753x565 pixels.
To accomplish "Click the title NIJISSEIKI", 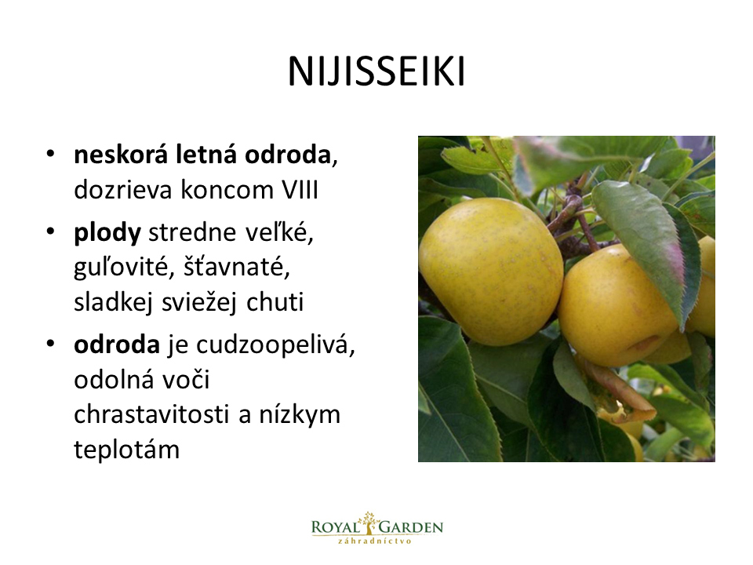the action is point(376,72).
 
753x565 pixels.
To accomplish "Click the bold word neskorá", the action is point(121,155).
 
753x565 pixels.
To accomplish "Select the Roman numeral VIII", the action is point(300,190).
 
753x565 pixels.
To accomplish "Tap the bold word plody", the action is point(107,234).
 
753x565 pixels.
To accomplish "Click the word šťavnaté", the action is point(237,267).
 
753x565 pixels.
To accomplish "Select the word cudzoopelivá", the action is point(275,345).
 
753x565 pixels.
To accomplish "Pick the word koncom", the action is point(227,190).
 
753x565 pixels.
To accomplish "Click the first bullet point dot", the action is point(50,155).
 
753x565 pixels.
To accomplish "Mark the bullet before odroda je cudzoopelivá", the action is point(50,344).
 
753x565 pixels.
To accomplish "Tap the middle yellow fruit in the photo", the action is point(617,305).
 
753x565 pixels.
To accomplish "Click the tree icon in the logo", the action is point(369,523).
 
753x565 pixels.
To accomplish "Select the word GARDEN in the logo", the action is point(410,527).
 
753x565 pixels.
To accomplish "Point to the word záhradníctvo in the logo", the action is point(375,541).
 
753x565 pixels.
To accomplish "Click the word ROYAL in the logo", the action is point(335,527).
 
